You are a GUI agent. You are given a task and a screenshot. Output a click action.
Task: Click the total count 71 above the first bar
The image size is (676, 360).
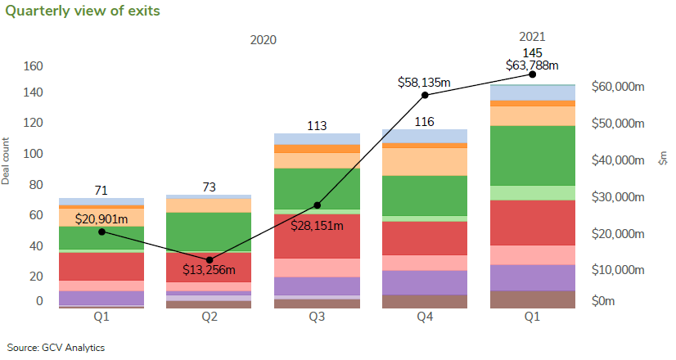(x=101, y=191)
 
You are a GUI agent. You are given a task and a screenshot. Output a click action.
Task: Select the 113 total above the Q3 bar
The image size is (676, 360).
(x=317, y=126)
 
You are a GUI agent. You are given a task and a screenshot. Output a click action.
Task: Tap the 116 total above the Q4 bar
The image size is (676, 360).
(x=424, y=121)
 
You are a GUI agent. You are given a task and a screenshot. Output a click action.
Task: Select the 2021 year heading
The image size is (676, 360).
(x=532, y=37)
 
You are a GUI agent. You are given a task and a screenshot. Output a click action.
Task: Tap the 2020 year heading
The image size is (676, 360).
(x=264, y=39)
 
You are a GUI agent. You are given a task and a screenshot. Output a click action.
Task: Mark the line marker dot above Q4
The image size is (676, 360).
(x=425, y=95)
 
